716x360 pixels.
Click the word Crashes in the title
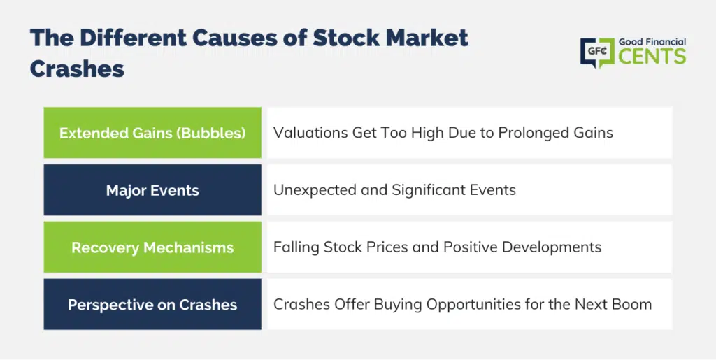(x=77, y=69)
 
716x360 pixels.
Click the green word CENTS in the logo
(x=652, y=57)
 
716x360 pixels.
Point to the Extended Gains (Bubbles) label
(x=152, y=133)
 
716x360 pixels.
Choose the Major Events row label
(x=152, y=190)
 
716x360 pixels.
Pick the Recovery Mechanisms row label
(x=152, y=247)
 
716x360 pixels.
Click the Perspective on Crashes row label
(x=152, y=305)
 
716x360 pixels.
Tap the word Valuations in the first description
(x=310, y=133)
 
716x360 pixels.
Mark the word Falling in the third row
(x=296, y=247)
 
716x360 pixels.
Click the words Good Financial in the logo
(x=652, y=42)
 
